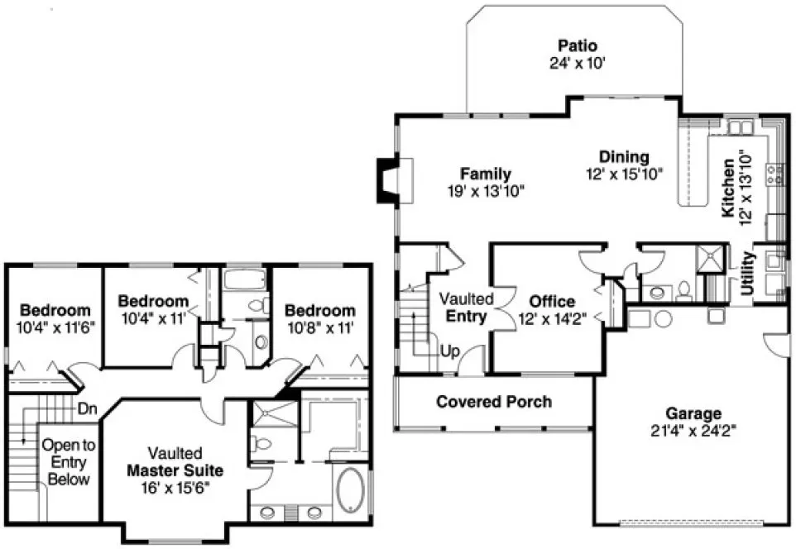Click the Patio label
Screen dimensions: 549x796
(577, 45)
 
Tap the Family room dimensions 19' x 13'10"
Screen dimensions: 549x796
(485, 190)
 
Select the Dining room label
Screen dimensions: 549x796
(624, 156)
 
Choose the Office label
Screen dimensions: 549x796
(552, 302)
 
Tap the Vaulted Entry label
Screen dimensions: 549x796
(466, 307)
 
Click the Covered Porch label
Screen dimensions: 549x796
(494, 402)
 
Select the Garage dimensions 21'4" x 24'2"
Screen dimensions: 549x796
(693, 429)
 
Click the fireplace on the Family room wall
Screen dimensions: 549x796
(387, 179)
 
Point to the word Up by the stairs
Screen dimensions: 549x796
(448, 351)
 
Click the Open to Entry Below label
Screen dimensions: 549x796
(69, 461)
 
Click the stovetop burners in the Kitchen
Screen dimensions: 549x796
(774, 174)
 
